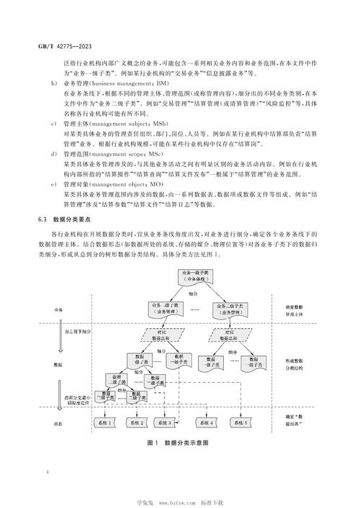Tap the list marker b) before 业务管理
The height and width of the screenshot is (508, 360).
(57, 84)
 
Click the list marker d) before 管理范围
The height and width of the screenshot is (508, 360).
(57, 155)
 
